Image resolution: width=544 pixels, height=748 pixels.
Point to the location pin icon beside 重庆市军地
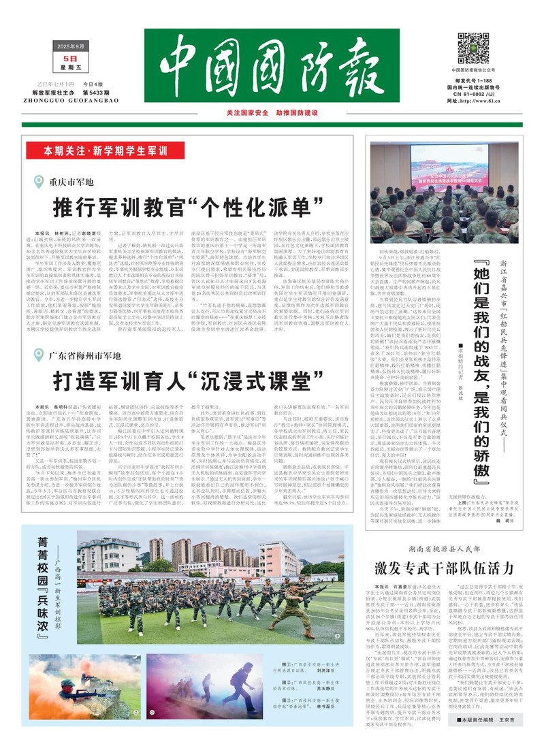point(39,182)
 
